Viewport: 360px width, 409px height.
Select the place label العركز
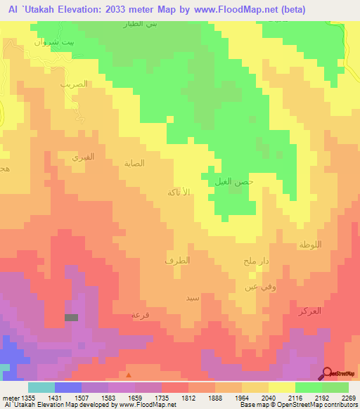[309, 310]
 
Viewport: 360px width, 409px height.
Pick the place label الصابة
[134, 163]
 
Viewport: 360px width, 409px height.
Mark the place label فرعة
[140, 315]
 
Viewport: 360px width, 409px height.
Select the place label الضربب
[74, 84]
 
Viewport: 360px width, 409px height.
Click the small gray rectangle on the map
[71, 318]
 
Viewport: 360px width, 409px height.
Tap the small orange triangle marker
[128, 375]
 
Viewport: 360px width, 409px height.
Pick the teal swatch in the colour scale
[41, 387]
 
